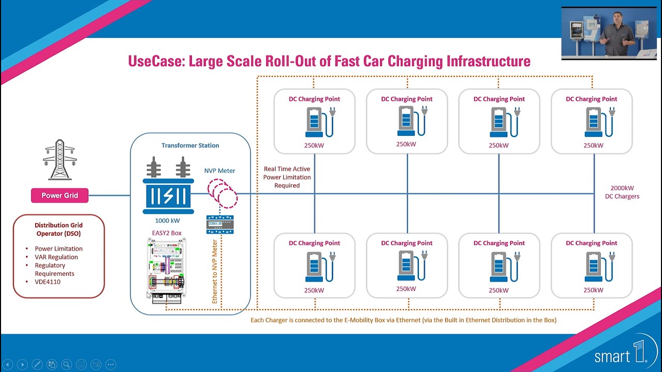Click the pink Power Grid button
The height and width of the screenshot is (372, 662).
point(59,196)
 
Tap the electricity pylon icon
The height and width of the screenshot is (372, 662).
point(59,160)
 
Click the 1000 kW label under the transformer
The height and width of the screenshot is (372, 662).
point(168,221)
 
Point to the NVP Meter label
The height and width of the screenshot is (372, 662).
point(220,171)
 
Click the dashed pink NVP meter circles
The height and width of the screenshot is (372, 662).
point(222,193)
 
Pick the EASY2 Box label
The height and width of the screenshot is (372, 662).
point(167,233)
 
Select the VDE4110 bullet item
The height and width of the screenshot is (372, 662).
point(48,282)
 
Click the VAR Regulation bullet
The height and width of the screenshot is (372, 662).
point(56,257)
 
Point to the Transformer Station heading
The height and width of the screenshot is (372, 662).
point(190,145)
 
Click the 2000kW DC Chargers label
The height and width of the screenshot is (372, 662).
point(622,192)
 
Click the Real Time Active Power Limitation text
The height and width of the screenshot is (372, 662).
point(287,177)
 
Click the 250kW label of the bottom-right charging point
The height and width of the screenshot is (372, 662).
point(593,290)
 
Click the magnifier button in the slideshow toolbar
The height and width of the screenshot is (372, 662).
point(66,364)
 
